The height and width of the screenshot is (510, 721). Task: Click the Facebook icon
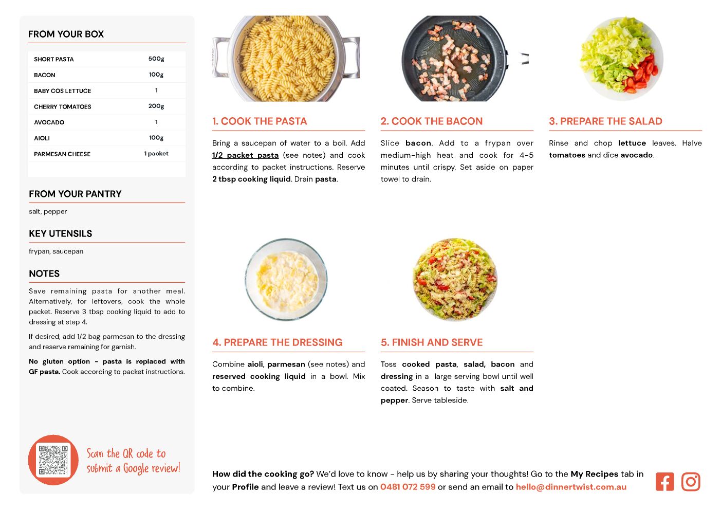664,481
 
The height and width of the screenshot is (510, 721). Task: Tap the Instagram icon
690,481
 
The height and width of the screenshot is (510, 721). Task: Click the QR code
53,460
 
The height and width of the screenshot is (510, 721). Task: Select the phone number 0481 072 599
408,486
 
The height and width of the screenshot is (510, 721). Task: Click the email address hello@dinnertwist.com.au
571,486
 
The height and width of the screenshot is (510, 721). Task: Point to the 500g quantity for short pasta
156,59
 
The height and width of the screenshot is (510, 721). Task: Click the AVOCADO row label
49,122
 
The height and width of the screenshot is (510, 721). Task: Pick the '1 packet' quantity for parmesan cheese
156,154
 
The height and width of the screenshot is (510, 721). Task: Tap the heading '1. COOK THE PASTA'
260,121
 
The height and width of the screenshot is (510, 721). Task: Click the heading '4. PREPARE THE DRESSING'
277,342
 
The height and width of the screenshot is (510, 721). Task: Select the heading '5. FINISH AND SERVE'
431,342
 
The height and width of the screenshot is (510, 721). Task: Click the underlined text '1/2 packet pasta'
245,155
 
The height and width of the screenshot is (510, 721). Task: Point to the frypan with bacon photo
454,59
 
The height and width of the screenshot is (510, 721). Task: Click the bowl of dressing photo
286,279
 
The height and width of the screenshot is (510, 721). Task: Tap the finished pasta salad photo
455,280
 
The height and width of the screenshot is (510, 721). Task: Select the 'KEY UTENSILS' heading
61,233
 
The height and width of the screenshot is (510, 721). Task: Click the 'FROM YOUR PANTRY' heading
75,194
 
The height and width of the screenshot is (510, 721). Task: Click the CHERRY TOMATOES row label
63,106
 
